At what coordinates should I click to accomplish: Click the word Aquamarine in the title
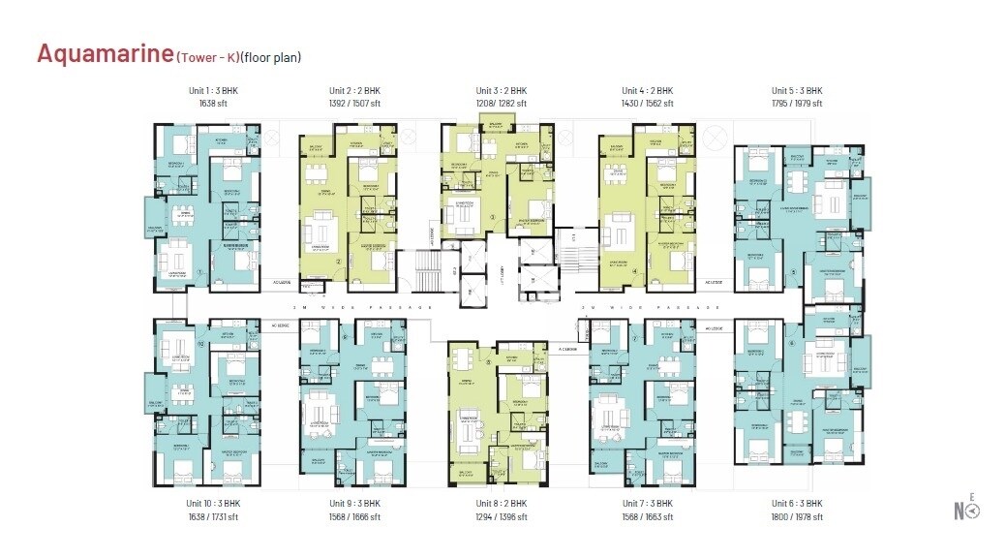click(105, 54)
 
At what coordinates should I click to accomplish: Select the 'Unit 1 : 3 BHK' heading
click(213, 90)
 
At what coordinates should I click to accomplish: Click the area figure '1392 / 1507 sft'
click(357, 103)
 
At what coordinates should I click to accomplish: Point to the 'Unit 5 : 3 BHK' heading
click(796, 90)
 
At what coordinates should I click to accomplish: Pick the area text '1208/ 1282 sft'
click(502, 103)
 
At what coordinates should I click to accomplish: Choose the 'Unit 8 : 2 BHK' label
click(502, 504)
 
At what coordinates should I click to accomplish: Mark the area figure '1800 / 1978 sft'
click(797, 517)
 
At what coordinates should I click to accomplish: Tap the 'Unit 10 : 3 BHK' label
click(213, 504)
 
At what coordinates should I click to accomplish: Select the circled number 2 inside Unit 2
click(338, 262)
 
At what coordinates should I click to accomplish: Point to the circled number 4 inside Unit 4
click(634, 272)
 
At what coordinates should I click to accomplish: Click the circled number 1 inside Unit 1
click(198, 273)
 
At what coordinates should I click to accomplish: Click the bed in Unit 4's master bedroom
click(667, 260)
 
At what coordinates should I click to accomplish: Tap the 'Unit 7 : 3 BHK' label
click(648, 504)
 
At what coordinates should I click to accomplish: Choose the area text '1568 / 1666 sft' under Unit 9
click(357, 517)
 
